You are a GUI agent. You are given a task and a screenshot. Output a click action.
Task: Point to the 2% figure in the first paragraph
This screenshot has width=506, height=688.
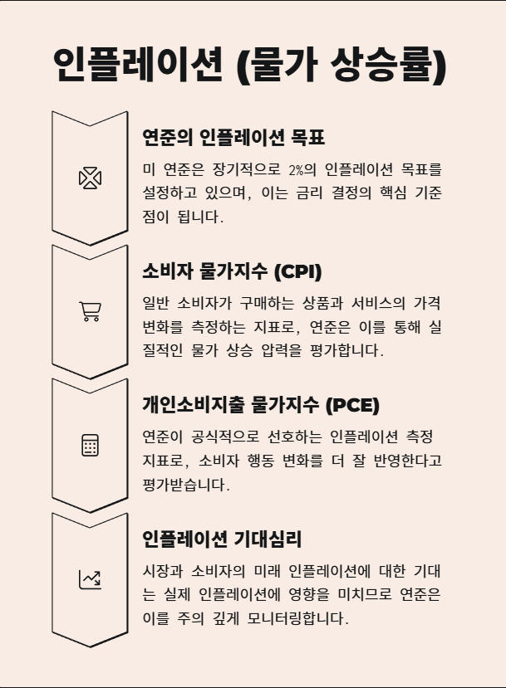[x=296, y=170]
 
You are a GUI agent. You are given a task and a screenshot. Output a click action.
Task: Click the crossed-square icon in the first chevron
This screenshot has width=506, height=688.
[x=90, y=178]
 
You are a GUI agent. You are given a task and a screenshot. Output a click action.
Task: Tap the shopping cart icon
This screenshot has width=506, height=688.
[x=90, y=311]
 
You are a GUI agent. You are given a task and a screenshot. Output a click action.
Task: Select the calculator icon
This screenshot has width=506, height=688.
[x=90, y=446]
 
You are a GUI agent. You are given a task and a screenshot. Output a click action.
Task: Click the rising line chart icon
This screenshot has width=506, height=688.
[x=90, y=579]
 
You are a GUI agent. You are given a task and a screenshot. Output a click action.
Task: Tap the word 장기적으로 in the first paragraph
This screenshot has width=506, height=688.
[x=236, y=170]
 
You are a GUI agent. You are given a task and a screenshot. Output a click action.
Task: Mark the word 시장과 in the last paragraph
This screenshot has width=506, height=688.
[x=161, y=572]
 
